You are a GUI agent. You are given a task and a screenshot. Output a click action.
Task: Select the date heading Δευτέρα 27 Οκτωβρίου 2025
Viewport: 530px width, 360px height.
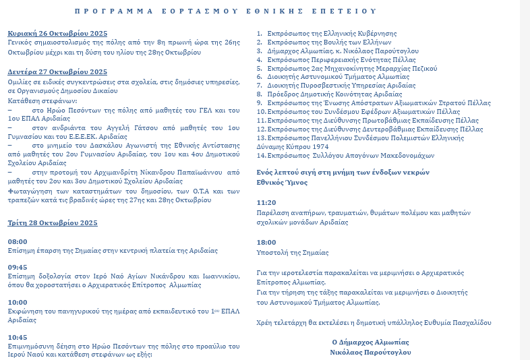click(57, 72)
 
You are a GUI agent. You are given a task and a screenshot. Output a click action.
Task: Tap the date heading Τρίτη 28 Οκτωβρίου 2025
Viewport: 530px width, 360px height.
click(53, 222)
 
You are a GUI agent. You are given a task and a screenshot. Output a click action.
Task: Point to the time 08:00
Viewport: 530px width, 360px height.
click(18, 241)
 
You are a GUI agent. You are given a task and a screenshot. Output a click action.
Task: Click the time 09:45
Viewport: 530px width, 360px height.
click(18, 267)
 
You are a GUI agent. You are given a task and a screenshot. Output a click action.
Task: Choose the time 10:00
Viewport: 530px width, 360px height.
click(18, 302)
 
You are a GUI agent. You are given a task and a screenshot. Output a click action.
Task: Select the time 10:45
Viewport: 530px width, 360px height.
click(18, 337)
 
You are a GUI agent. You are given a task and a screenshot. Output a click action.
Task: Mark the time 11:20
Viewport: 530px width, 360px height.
click(266, 202)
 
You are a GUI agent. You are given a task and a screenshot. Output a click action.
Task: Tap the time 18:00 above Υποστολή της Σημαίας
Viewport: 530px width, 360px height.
click(266, 242)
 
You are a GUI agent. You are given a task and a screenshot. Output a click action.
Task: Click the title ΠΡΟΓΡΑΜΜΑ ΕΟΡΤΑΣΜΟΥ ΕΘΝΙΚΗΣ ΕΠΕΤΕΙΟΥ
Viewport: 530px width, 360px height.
click(225, 11)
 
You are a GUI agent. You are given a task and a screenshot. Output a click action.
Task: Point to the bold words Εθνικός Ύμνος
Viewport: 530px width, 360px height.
click(282, 182)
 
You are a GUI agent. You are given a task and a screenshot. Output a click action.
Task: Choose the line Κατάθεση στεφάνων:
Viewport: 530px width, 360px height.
click(36, 99)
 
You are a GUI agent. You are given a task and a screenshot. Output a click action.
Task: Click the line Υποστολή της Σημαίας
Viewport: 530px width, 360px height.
click(293, 253)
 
